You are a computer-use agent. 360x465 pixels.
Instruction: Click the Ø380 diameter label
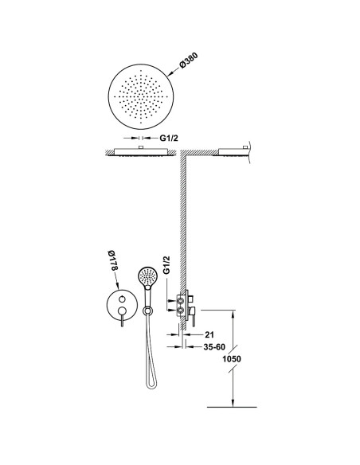tap(188, 61)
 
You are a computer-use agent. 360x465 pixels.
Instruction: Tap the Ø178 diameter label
tap(113, 260)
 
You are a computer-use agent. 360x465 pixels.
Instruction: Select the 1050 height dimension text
tap(232, 359)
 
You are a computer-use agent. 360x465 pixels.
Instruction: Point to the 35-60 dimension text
tap(214, 346)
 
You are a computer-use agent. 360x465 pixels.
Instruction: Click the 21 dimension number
tap(209, 334)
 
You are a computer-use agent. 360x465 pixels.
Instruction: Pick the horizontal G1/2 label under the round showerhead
tap(169, 138)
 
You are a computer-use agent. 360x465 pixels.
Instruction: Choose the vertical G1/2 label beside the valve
tap(167, 265)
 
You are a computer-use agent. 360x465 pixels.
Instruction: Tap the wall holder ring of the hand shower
tap(147, 311)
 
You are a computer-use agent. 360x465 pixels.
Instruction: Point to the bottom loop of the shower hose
tap(151, 385)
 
